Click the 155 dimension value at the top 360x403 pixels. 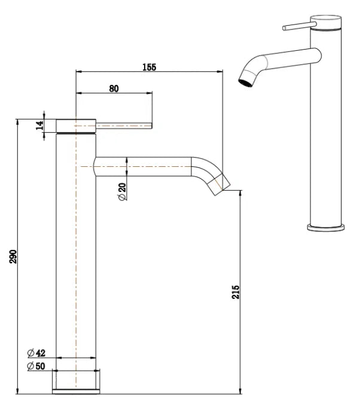[x=149, y=67]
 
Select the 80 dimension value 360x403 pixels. [x=114, y=88]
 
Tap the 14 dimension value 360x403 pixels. [x=39, y=126]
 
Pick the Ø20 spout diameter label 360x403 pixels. [x=123, y=191]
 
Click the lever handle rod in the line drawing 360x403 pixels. [x=126, y=126]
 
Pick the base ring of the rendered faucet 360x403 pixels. [x=327, y=227]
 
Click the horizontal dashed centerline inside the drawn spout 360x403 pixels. [x=144, y=166]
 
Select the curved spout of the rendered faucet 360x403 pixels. [x=269, y=60]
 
